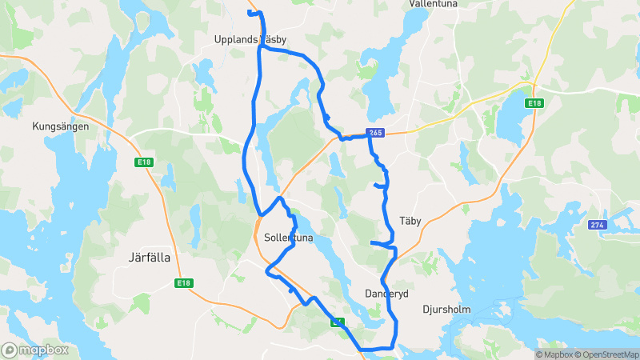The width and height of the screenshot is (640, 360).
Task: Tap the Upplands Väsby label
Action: (250, 39)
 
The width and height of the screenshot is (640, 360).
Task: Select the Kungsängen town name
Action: (60, 126)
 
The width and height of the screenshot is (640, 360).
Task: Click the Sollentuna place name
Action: (288, 238)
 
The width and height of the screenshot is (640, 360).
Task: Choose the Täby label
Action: (410, 220)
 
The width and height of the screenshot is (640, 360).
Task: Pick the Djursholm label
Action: (446, 309)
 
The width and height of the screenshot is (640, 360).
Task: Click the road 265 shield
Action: (375, 132)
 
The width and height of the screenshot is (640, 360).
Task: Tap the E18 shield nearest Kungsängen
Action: (144, 162)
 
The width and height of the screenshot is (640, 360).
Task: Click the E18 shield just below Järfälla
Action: (185, 283)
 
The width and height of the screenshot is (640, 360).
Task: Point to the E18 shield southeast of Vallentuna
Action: (534, 103)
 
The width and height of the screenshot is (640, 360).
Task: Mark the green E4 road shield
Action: (338, 322)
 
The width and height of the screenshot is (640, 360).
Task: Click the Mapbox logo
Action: (35, 350)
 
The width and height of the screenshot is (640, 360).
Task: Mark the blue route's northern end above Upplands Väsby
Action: (250, 13)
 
